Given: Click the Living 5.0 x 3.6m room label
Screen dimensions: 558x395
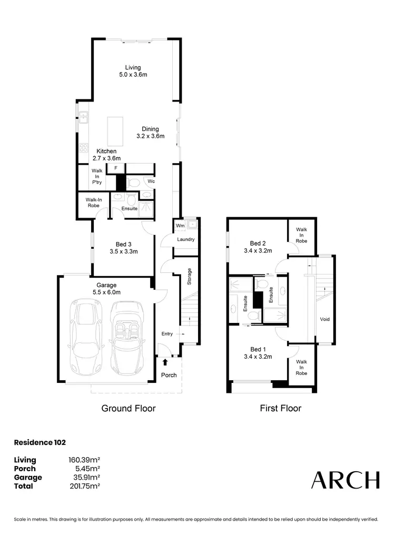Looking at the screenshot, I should tap(133, 71).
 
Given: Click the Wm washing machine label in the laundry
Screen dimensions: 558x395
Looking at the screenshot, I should tap(180, 225).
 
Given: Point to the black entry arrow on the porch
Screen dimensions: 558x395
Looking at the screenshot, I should tap(166, 362).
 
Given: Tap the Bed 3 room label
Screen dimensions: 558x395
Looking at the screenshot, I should tap(123, 247).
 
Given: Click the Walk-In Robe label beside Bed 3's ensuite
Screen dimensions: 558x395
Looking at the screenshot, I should tap(93, 202).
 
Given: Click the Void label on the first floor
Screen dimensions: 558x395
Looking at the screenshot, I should tap(325, 319).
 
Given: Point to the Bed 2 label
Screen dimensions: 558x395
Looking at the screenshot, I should tap(257, 247).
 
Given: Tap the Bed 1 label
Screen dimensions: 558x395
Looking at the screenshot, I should tap(257, 353).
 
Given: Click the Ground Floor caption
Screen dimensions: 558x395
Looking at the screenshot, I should tap(128, 408).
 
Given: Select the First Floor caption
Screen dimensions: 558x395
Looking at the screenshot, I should tap(281, 408).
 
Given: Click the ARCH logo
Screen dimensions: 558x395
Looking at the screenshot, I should tap(345, 480).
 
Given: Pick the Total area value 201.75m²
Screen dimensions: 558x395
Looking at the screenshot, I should tap(84, 486).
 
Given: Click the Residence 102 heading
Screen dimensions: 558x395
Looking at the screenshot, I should tap(39, 443).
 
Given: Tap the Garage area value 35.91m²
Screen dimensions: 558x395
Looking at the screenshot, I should tap(84, 478).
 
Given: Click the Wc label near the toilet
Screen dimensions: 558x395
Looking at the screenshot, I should tap(150, 181).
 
